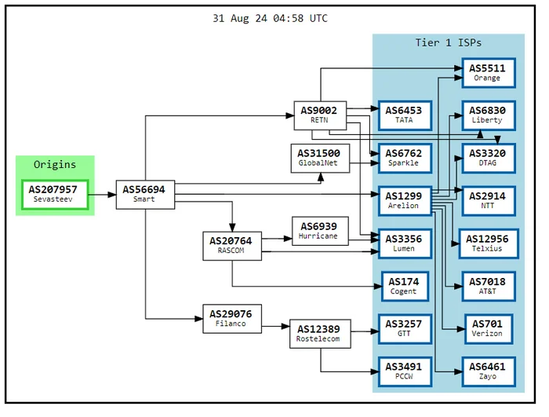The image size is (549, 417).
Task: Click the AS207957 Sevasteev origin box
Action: tap(55, 195)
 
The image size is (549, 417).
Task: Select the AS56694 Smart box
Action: tap(145, 195)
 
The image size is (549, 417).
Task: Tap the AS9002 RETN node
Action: tap(320, 115)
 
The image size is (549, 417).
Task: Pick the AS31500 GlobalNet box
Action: tap(320, 158)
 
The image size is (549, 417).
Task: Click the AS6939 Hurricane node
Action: tap(320, 231)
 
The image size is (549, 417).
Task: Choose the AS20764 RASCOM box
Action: tap(232, 246)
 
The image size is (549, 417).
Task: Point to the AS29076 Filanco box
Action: tap(232, 319)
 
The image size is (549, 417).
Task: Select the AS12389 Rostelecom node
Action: tap(320, 334)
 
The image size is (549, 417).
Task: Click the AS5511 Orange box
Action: tap(489, 72)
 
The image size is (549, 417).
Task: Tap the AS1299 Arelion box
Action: tap(405, 200)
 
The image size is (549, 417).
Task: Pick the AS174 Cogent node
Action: tap(405, 286)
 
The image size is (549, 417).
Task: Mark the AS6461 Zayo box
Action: tap(489, 371)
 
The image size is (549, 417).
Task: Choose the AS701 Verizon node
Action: tap(489, 329)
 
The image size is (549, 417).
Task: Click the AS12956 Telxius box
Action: tap(489, 243)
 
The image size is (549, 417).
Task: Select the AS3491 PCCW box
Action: tap(405, 371)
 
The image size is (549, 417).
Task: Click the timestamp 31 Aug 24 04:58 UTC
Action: tap(270, 18)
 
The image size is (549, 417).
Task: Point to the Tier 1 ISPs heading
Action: tap(448, 42)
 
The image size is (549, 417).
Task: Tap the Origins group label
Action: tap(55, 164)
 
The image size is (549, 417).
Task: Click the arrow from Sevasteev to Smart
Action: tap(102, 195)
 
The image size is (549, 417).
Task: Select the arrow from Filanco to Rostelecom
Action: tap(276, 327)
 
